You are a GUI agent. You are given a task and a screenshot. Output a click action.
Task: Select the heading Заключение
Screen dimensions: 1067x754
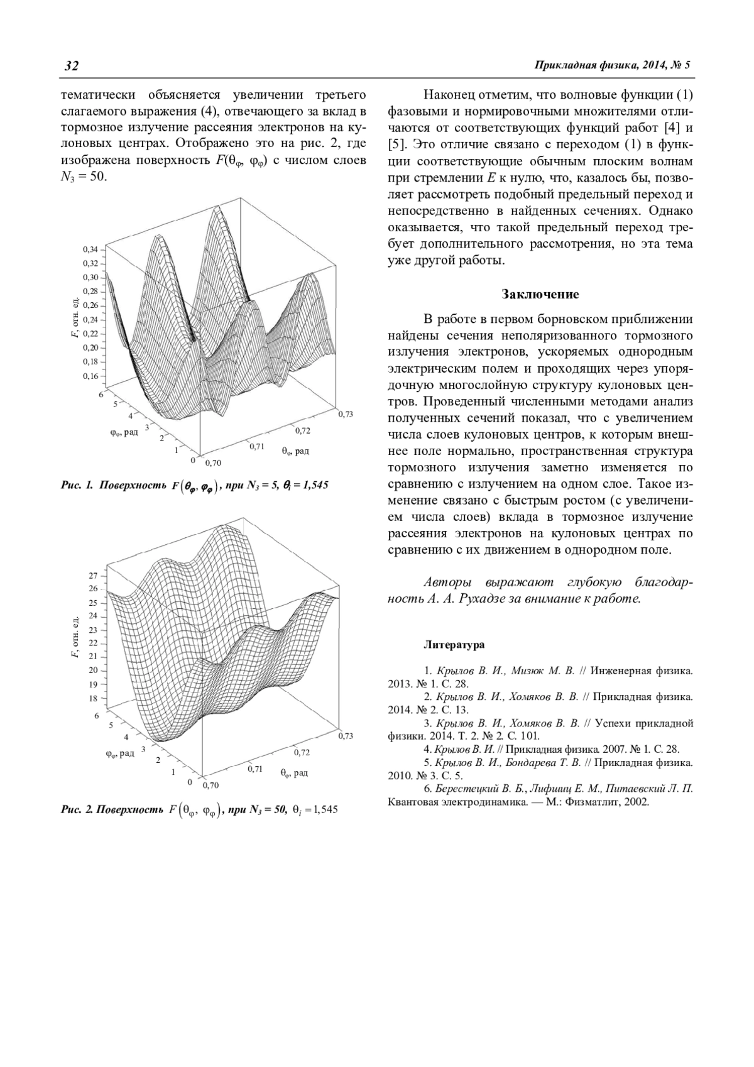click(x=540, y=294)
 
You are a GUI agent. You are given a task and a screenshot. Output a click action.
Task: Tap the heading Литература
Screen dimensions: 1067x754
click(x=454, y=644)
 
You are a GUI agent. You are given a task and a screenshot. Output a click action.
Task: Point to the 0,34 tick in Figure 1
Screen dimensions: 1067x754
click(x=90, y=249)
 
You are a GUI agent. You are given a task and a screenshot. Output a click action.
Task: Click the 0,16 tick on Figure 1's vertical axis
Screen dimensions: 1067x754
click(x=90, y=376)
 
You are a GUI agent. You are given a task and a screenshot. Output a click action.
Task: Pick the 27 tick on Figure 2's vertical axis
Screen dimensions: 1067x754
click(x=93, y=576)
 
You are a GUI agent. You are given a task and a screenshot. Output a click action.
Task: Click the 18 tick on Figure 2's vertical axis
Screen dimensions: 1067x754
click(x=93, y=698)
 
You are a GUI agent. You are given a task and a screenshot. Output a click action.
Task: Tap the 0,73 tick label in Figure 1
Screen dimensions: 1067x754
click(x=346, y=413)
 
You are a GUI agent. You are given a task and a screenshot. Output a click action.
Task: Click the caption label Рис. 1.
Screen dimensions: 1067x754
click(x=77, y=485)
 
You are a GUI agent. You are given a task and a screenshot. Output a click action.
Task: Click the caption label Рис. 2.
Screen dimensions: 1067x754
click(x=76, y=809)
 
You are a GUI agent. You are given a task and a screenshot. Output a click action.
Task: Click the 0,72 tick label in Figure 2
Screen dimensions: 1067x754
click(x=302, y=752)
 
